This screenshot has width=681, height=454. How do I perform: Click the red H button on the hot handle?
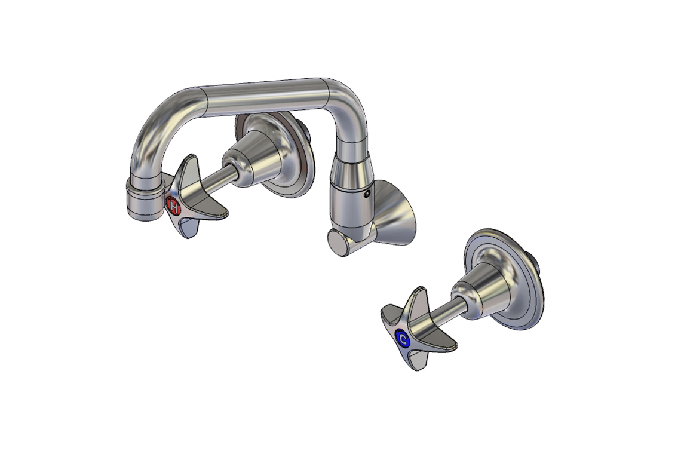click(x=174, y=207)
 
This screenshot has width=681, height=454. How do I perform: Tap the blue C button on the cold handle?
click(x=403, y=339)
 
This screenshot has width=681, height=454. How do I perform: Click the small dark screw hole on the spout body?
click(x=368, y=194)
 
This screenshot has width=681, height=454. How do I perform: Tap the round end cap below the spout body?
click(x=339, y=244)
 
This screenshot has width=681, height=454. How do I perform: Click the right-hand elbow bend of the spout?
click(x=346, y=111)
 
